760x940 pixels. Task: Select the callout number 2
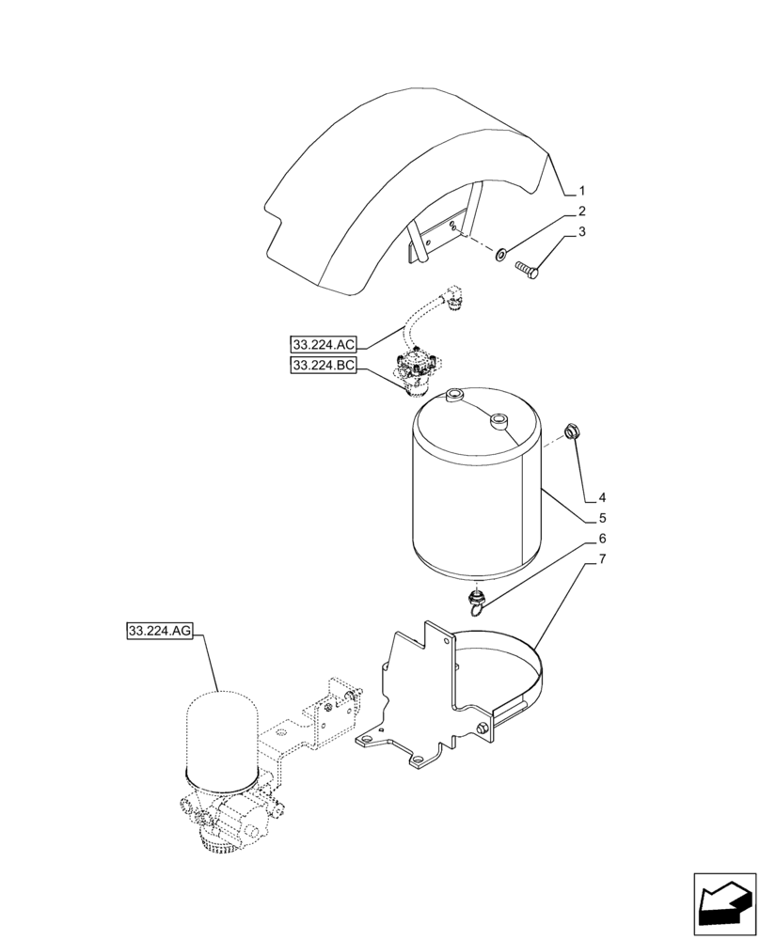[x=582, y=211]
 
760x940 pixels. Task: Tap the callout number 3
[x=582, y=232]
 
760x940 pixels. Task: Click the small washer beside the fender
[x=502, y=252]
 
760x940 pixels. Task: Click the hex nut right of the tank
[x=570, y=431]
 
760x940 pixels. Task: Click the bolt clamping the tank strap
[x=483, y=730]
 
